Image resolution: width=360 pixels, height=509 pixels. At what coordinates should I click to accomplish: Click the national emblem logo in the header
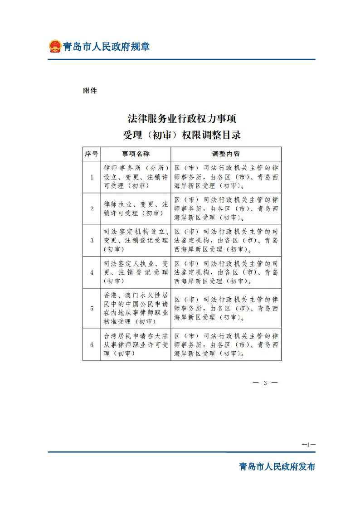click(55, 46)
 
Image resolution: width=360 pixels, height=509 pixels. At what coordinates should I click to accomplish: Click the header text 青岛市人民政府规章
click(106, 47)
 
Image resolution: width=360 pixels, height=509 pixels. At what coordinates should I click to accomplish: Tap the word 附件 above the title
click(90, 91)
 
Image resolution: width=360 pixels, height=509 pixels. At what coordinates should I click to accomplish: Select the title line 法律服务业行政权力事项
click(182, 119)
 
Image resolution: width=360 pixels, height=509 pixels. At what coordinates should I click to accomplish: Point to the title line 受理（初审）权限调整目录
click(182, 135)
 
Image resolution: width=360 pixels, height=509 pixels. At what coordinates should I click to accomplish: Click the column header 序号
click(92, 154)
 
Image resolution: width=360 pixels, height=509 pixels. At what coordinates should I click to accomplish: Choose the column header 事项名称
click(136, 154)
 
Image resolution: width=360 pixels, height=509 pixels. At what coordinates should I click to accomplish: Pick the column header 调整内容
click(226, 154)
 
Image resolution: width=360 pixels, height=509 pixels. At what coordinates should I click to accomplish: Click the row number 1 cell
click(92, 177)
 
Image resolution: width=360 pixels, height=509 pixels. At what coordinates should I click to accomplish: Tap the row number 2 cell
click(92, 208)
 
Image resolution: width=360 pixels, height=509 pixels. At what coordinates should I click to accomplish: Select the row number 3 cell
click(92, 240)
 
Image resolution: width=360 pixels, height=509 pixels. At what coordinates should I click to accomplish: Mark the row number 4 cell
click(92, 272)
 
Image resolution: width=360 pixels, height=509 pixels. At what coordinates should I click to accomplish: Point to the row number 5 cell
click(92, 308)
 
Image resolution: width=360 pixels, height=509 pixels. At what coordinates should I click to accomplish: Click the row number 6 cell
click(92, 345)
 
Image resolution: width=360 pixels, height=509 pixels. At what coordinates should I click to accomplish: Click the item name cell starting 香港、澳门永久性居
click(136, 308)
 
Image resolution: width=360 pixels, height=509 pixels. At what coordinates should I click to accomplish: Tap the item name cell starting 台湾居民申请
click(136, 345)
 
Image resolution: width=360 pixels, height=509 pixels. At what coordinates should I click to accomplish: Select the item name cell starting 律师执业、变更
click(136, 208)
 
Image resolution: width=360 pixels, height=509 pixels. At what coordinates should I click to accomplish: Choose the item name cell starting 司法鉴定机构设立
click(136, 240)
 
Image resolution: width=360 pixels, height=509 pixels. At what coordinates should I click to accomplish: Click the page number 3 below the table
click(265, 383)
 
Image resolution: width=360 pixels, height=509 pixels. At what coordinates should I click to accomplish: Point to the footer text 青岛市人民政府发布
click(277, 467)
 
